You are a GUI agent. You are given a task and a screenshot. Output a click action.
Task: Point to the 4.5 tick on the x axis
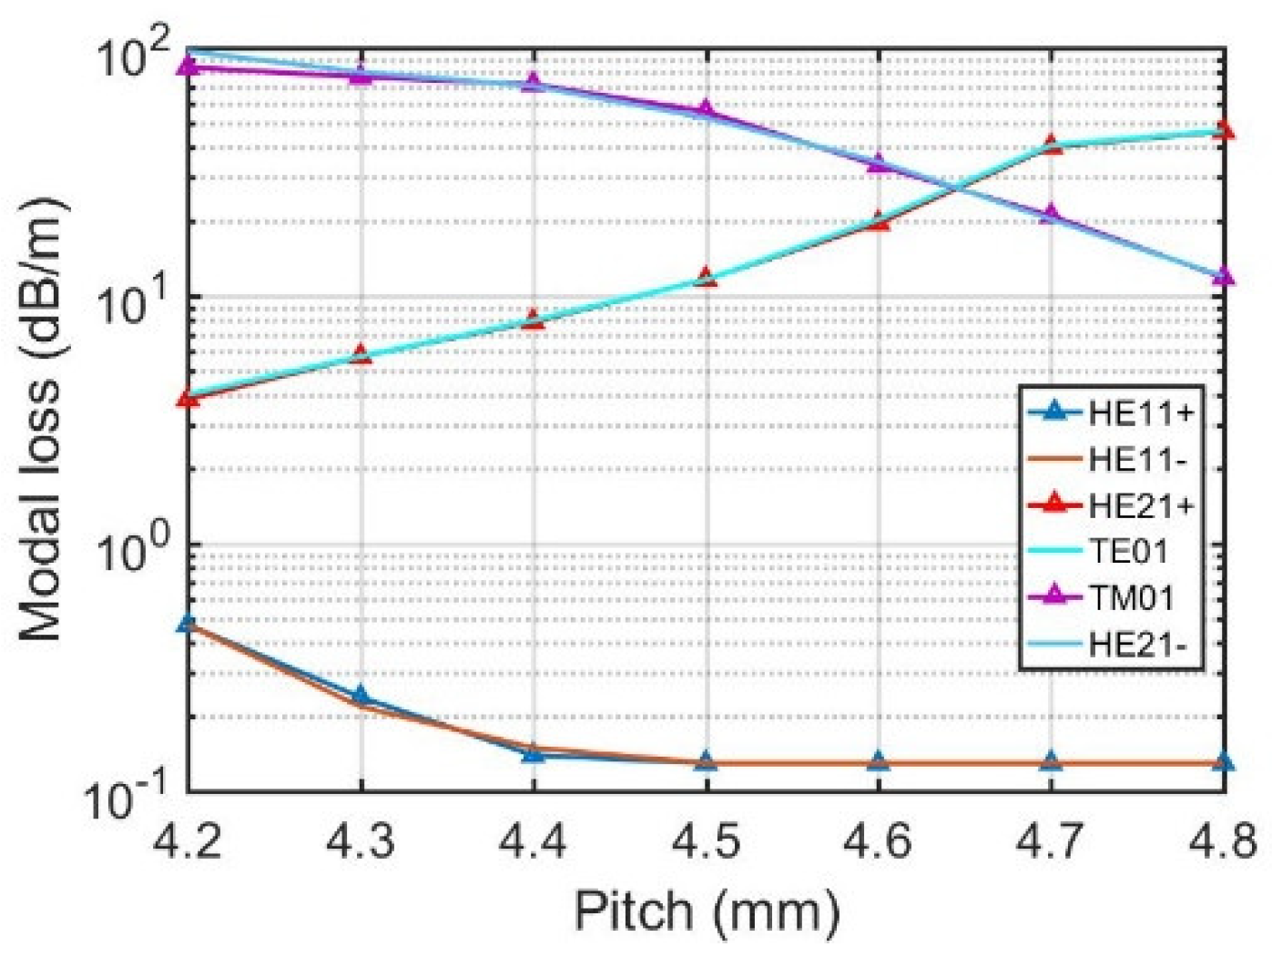[706, 839]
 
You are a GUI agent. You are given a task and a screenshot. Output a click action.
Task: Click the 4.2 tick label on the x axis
[188, 839]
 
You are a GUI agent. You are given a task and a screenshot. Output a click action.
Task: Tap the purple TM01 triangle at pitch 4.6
[878, 163]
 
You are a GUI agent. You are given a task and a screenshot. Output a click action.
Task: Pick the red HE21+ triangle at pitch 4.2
[188, 398]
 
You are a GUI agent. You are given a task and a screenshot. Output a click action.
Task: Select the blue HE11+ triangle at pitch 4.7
[1051, 761]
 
